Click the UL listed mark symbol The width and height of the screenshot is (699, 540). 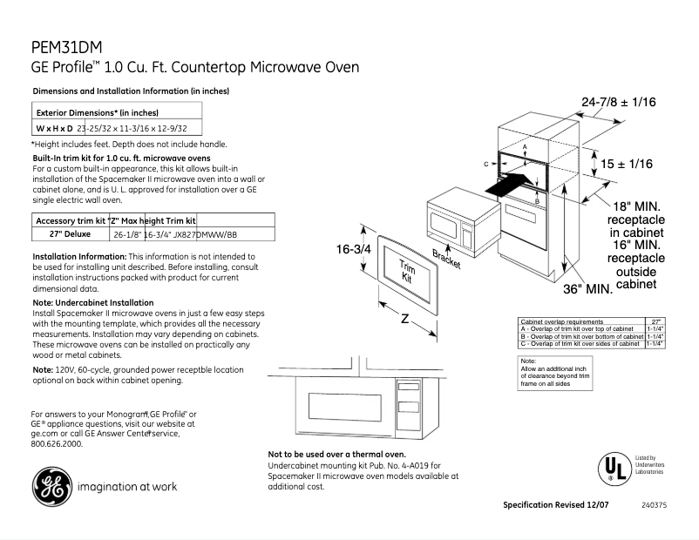coord(613,468)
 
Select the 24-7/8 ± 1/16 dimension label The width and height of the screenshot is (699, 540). coord(618,103)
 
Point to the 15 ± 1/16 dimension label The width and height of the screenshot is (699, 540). coord(626,164)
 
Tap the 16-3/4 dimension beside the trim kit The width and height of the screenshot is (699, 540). coord(354,250)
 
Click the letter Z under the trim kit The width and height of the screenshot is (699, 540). coord(404,319)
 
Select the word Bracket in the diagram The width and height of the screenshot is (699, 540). coord(446,259)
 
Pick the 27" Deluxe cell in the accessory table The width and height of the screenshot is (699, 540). coord(62,234)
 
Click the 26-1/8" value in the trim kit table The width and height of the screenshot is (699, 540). coord(128,235)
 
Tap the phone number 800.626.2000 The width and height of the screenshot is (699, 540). coord(57,443)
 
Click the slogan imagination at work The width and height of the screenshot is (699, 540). coord(127,487)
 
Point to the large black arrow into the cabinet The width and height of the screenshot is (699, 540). coord(506,184)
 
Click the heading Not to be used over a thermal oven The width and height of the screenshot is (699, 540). coord(336,455)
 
